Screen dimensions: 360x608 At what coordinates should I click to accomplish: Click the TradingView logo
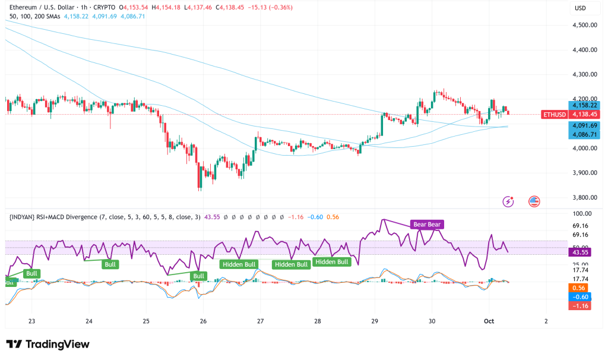click(47, 344)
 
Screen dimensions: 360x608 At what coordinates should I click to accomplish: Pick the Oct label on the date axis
click(489, 321)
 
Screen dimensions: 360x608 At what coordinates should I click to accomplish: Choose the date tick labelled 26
click(203, 321)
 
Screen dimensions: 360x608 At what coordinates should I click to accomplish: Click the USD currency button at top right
click(581, 8)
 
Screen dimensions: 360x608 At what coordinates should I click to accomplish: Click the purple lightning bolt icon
click(508, 201)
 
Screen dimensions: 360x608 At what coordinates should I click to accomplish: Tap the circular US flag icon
click(533, 201)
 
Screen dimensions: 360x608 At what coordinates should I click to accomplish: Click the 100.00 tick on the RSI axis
click(581, 213)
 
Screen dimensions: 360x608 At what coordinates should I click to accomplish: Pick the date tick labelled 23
click(32, 321)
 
